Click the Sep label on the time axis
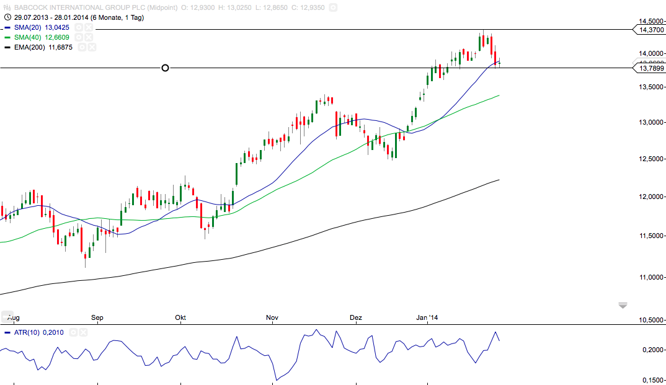(x=97, y=318)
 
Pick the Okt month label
(x=180, y=318)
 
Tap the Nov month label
(x=272, y=318)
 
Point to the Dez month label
(x=356, y=318)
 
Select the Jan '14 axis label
(x=427, y=318)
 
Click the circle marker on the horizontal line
(x=165, y=68)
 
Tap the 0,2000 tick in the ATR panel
(x=652, y=350)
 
